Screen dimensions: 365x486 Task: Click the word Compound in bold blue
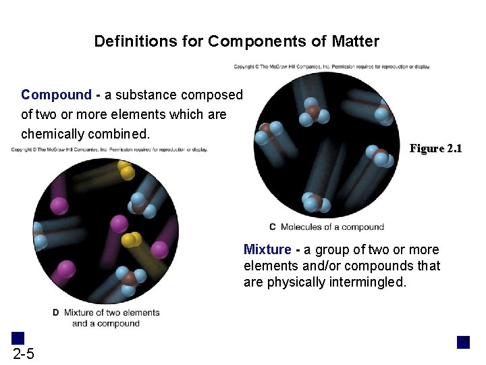(56, 95)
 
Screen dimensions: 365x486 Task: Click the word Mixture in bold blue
(266, 250)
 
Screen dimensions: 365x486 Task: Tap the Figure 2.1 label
(435, 149)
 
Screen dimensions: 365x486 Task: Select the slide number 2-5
(23, 355)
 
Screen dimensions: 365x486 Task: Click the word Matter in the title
(355, 42)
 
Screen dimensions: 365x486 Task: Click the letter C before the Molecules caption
(273, 227)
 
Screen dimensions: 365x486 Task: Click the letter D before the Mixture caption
(55, 313)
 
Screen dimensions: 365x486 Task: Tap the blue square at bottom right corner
(463, 342)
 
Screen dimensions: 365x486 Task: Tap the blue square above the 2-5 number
(18, 338)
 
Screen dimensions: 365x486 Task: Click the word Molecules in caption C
(301, 227)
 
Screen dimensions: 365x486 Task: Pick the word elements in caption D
(139, 313)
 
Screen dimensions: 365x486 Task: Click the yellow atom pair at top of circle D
(125, 170)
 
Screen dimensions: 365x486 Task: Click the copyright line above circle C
(331, 66)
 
